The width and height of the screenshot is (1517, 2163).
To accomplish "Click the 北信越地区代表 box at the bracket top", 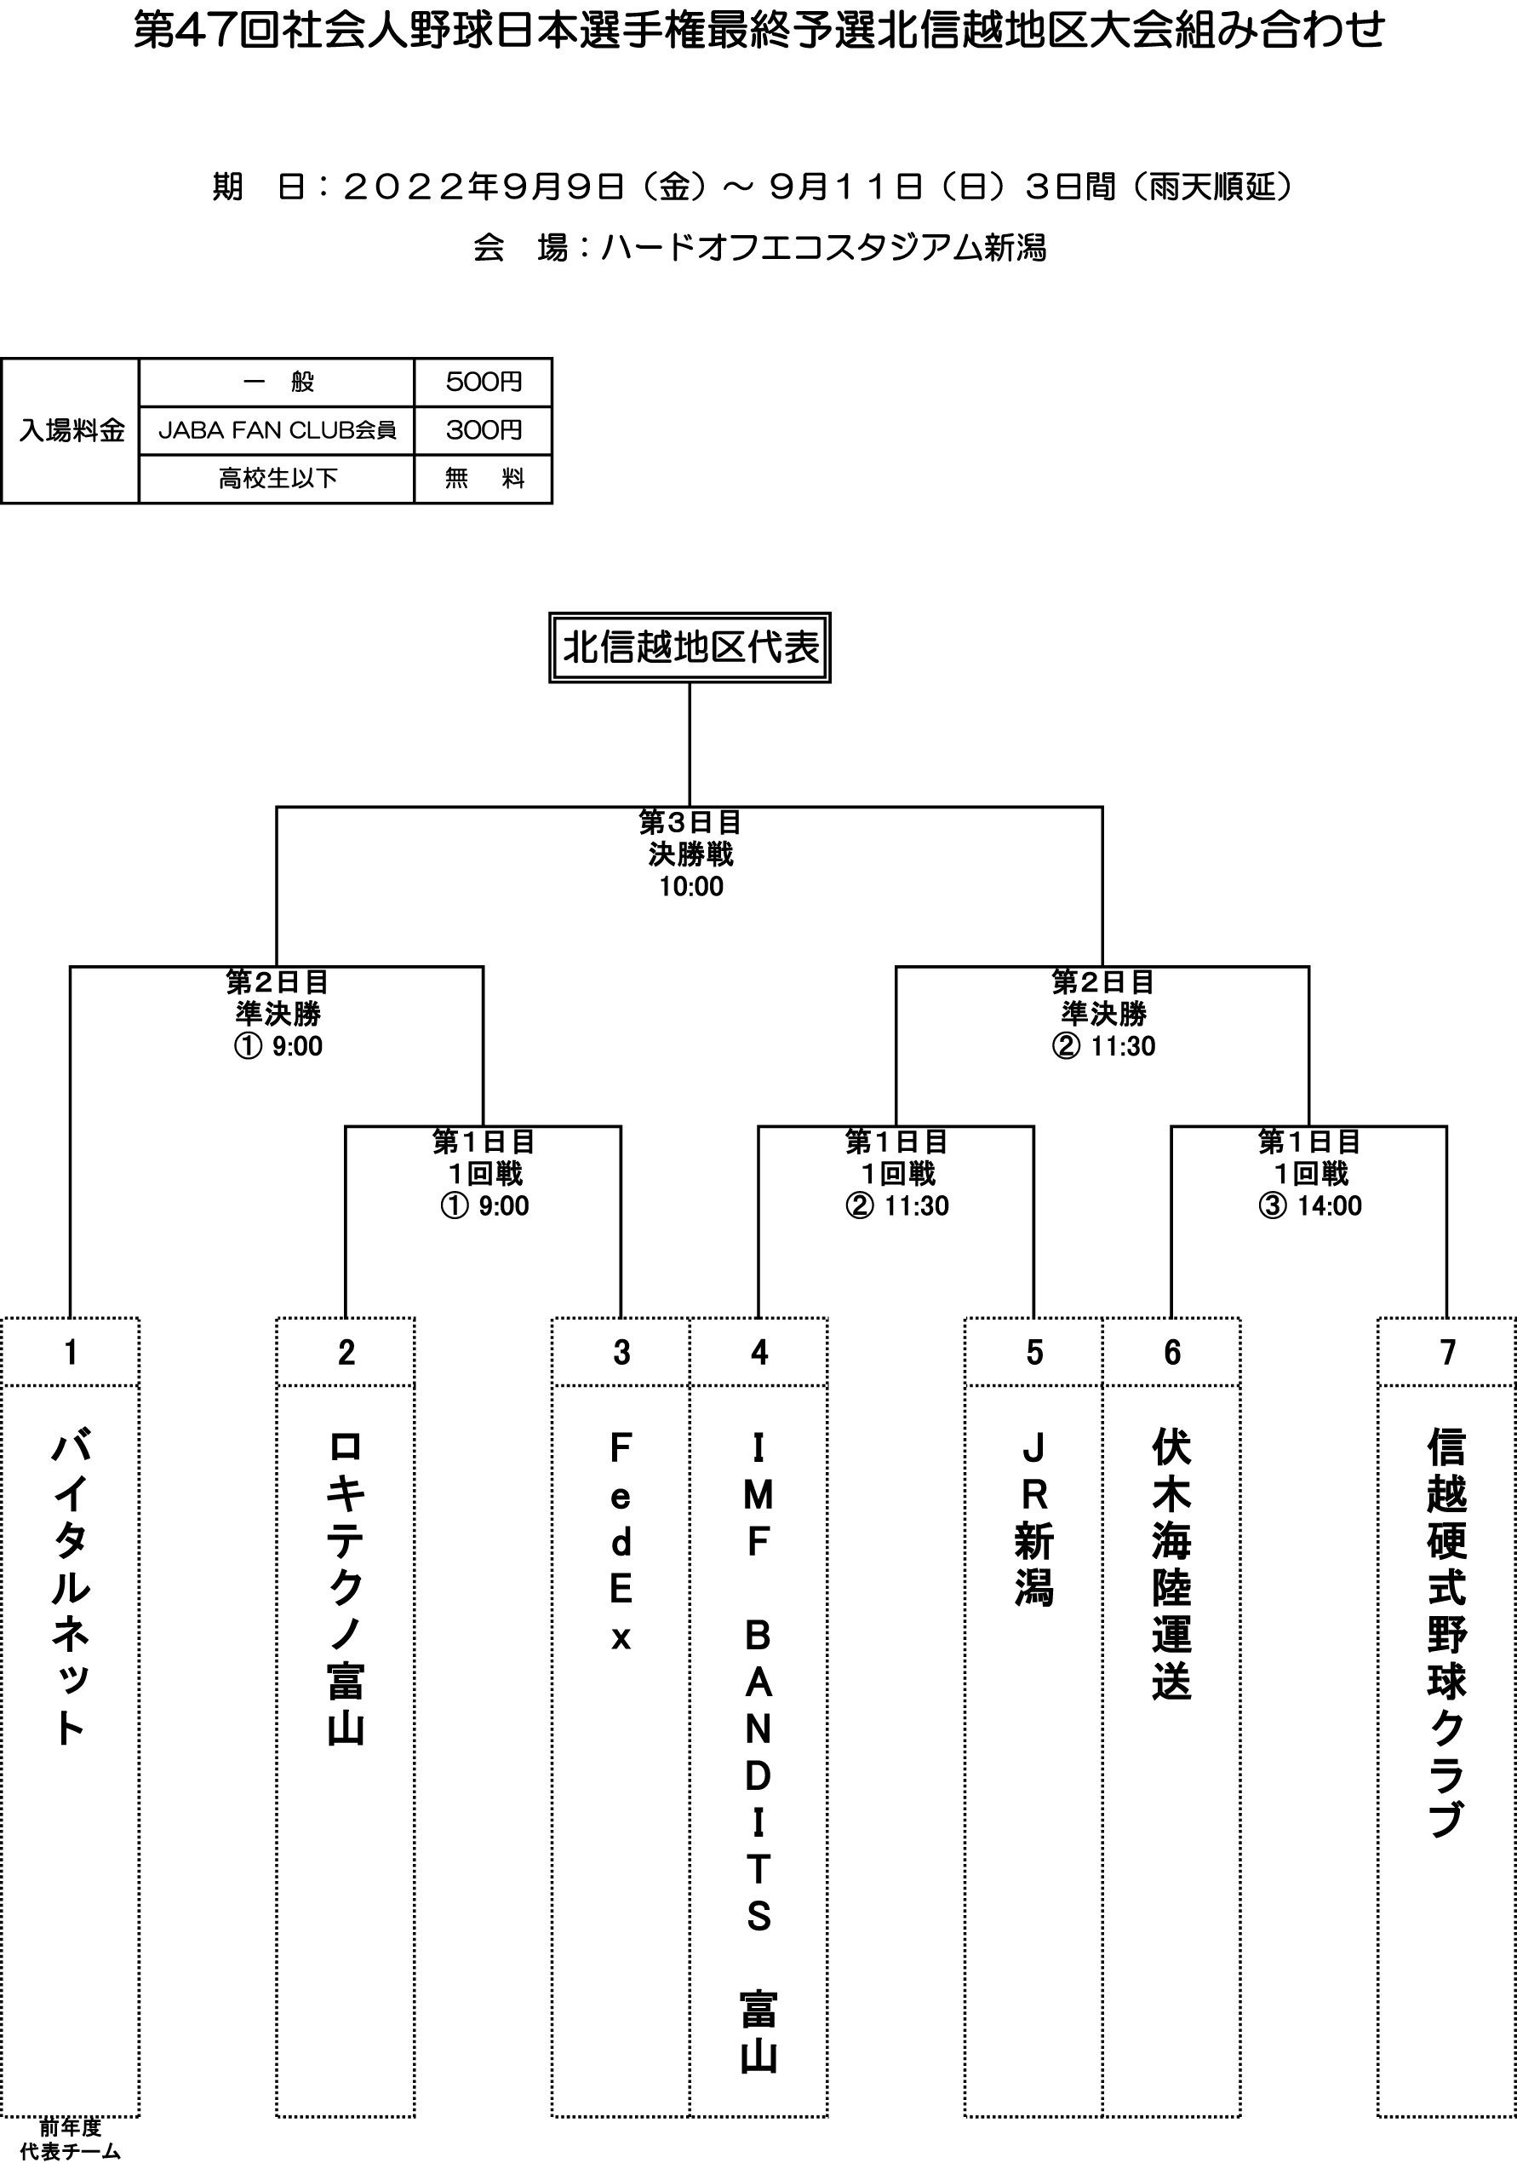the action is pos(690,647).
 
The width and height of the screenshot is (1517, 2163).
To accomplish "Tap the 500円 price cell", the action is pos(483,382).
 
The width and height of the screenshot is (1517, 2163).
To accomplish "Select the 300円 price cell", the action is pos(483,430).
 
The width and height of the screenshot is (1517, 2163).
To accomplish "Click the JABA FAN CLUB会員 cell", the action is pos(277,430).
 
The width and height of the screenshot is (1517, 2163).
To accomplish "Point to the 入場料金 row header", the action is pos(72,430).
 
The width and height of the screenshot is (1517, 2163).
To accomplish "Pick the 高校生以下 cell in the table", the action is pos(277,479).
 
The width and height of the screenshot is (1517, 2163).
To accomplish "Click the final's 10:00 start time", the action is pos(691,887).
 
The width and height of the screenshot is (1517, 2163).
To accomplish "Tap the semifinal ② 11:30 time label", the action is pos(1103,1045).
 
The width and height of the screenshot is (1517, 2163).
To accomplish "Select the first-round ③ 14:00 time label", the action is pos(1310,1205).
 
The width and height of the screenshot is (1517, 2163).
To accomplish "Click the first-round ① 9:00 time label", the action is pos(484,1205).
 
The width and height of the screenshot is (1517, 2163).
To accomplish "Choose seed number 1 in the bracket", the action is pos(71,1352).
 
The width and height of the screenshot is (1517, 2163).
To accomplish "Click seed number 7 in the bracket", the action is pos(1447,1352).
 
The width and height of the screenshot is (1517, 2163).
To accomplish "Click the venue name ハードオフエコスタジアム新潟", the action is pos(824,248).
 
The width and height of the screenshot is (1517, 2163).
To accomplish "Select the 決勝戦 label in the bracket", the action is pos(691,854).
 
